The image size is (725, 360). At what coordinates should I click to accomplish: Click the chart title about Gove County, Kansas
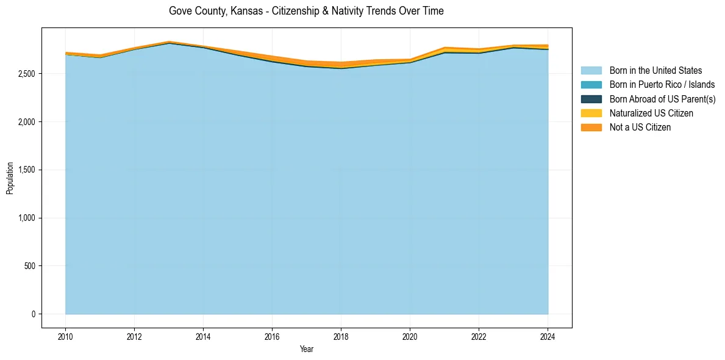pos(306,11)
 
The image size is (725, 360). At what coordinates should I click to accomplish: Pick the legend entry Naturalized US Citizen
pos(651,113)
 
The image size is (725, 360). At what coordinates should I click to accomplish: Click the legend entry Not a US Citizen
pos(640,127)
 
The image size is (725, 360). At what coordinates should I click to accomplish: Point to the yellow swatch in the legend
pos(591,113)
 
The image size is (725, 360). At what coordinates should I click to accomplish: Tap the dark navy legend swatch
pos(591,99)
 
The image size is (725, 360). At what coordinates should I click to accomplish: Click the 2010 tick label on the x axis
pos(65,336)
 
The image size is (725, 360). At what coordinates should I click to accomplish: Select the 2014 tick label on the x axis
pos(203,336)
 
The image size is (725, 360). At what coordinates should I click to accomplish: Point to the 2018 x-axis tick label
pos(341,336)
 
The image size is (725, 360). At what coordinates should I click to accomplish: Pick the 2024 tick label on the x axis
pos(548,336)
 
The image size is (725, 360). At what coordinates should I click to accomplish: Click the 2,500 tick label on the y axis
pos(27,74)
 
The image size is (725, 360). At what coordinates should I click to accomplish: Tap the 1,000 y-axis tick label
pos(27,218)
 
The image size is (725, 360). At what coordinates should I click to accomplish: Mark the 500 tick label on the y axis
pos(29,266)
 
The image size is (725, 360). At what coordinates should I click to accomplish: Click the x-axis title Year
pos(307,349)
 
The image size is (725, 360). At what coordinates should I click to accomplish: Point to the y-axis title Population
pos(10,178)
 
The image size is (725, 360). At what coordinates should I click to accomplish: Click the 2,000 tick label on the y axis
pos(27,122)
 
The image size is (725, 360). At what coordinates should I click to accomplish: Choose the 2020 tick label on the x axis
pos(410,336)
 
